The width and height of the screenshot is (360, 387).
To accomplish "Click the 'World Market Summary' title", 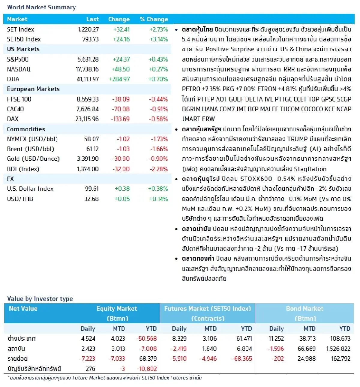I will (x=41, y=7).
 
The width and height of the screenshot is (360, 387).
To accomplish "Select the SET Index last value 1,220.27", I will (x=88, y=29).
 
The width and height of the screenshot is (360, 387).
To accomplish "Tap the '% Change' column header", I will (x=154, y=19).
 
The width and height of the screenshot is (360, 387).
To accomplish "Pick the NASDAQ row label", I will (x=19, y=69).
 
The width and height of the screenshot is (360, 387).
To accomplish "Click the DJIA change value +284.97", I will (x=119, y=79).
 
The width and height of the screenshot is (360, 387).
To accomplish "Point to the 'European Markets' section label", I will (x=33, y=89).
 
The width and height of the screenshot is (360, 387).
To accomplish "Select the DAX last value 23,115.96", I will (x=87, y=119).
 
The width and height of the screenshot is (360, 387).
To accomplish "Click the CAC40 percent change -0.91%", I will (x=159, y=109).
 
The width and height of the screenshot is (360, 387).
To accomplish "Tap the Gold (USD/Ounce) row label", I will (x=33, y=159).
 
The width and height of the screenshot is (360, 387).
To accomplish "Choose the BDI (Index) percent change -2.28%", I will (x=159, y=169).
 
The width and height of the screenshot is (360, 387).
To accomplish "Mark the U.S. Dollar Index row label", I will (x=30, y=189).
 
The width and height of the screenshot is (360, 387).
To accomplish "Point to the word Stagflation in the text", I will (x=310, y=169).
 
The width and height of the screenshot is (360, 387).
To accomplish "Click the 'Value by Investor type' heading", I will (x=40, y=299).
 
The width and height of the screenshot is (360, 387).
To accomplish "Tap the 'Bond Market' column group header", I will (x=304, y=309).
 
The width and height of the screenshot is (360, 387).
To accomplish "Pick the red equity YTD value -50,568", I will (x=146, y=339).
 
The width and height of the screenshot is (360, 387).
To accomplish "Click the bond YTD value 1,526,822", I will (x=338, y=349).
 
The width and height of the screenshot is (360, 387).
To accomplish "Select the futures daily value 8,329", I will (x=179, y=339).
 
